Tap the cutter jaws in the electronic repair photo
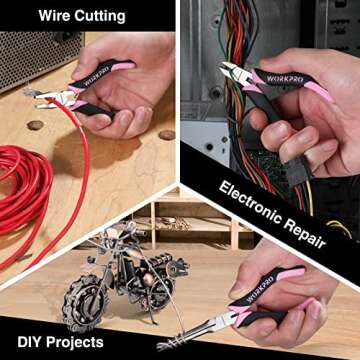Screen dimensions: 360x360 (x=230, y=71)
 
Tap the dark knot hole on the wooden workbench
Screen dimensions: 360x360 (x=36, y=125)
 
